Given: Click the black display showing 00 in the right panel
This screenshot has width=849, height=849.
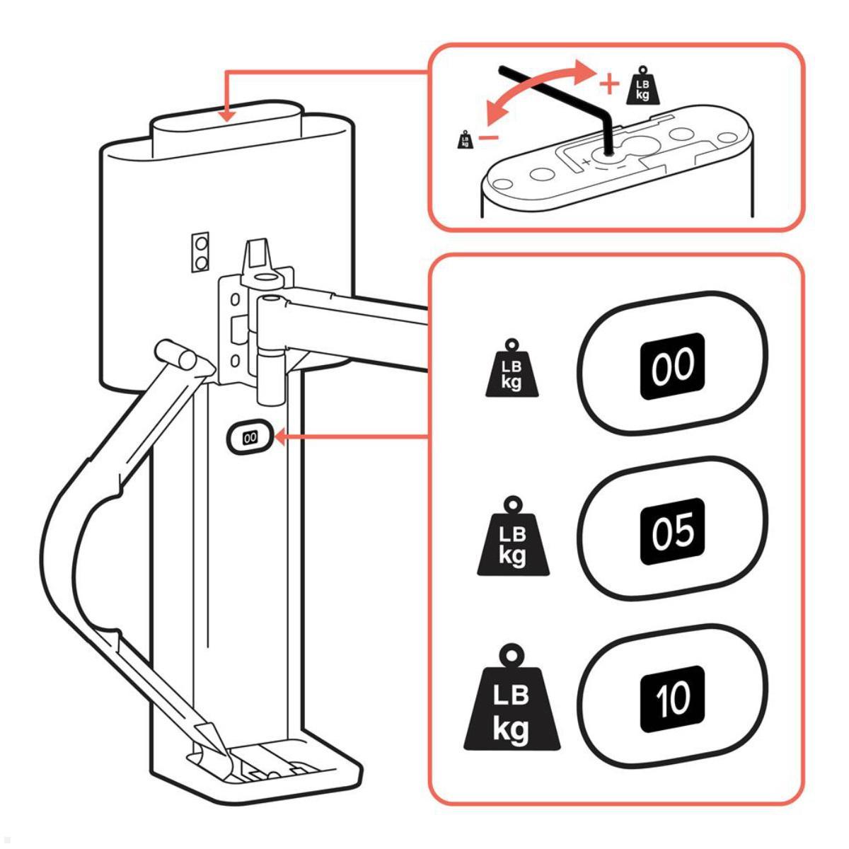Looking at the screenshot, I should pos(674,365).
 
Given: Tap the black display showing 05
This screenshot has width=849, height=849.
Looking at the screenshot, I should pos(674,532).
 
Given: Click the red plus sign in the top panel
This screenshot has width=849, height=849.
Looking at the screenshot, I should pos(608,84).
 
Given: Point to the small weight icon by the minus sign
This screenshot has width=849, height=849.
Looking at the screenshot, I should pos(466,139).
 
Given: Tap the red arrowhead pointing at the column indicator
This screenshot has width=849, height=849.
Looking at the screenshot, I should pos(280,438).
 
